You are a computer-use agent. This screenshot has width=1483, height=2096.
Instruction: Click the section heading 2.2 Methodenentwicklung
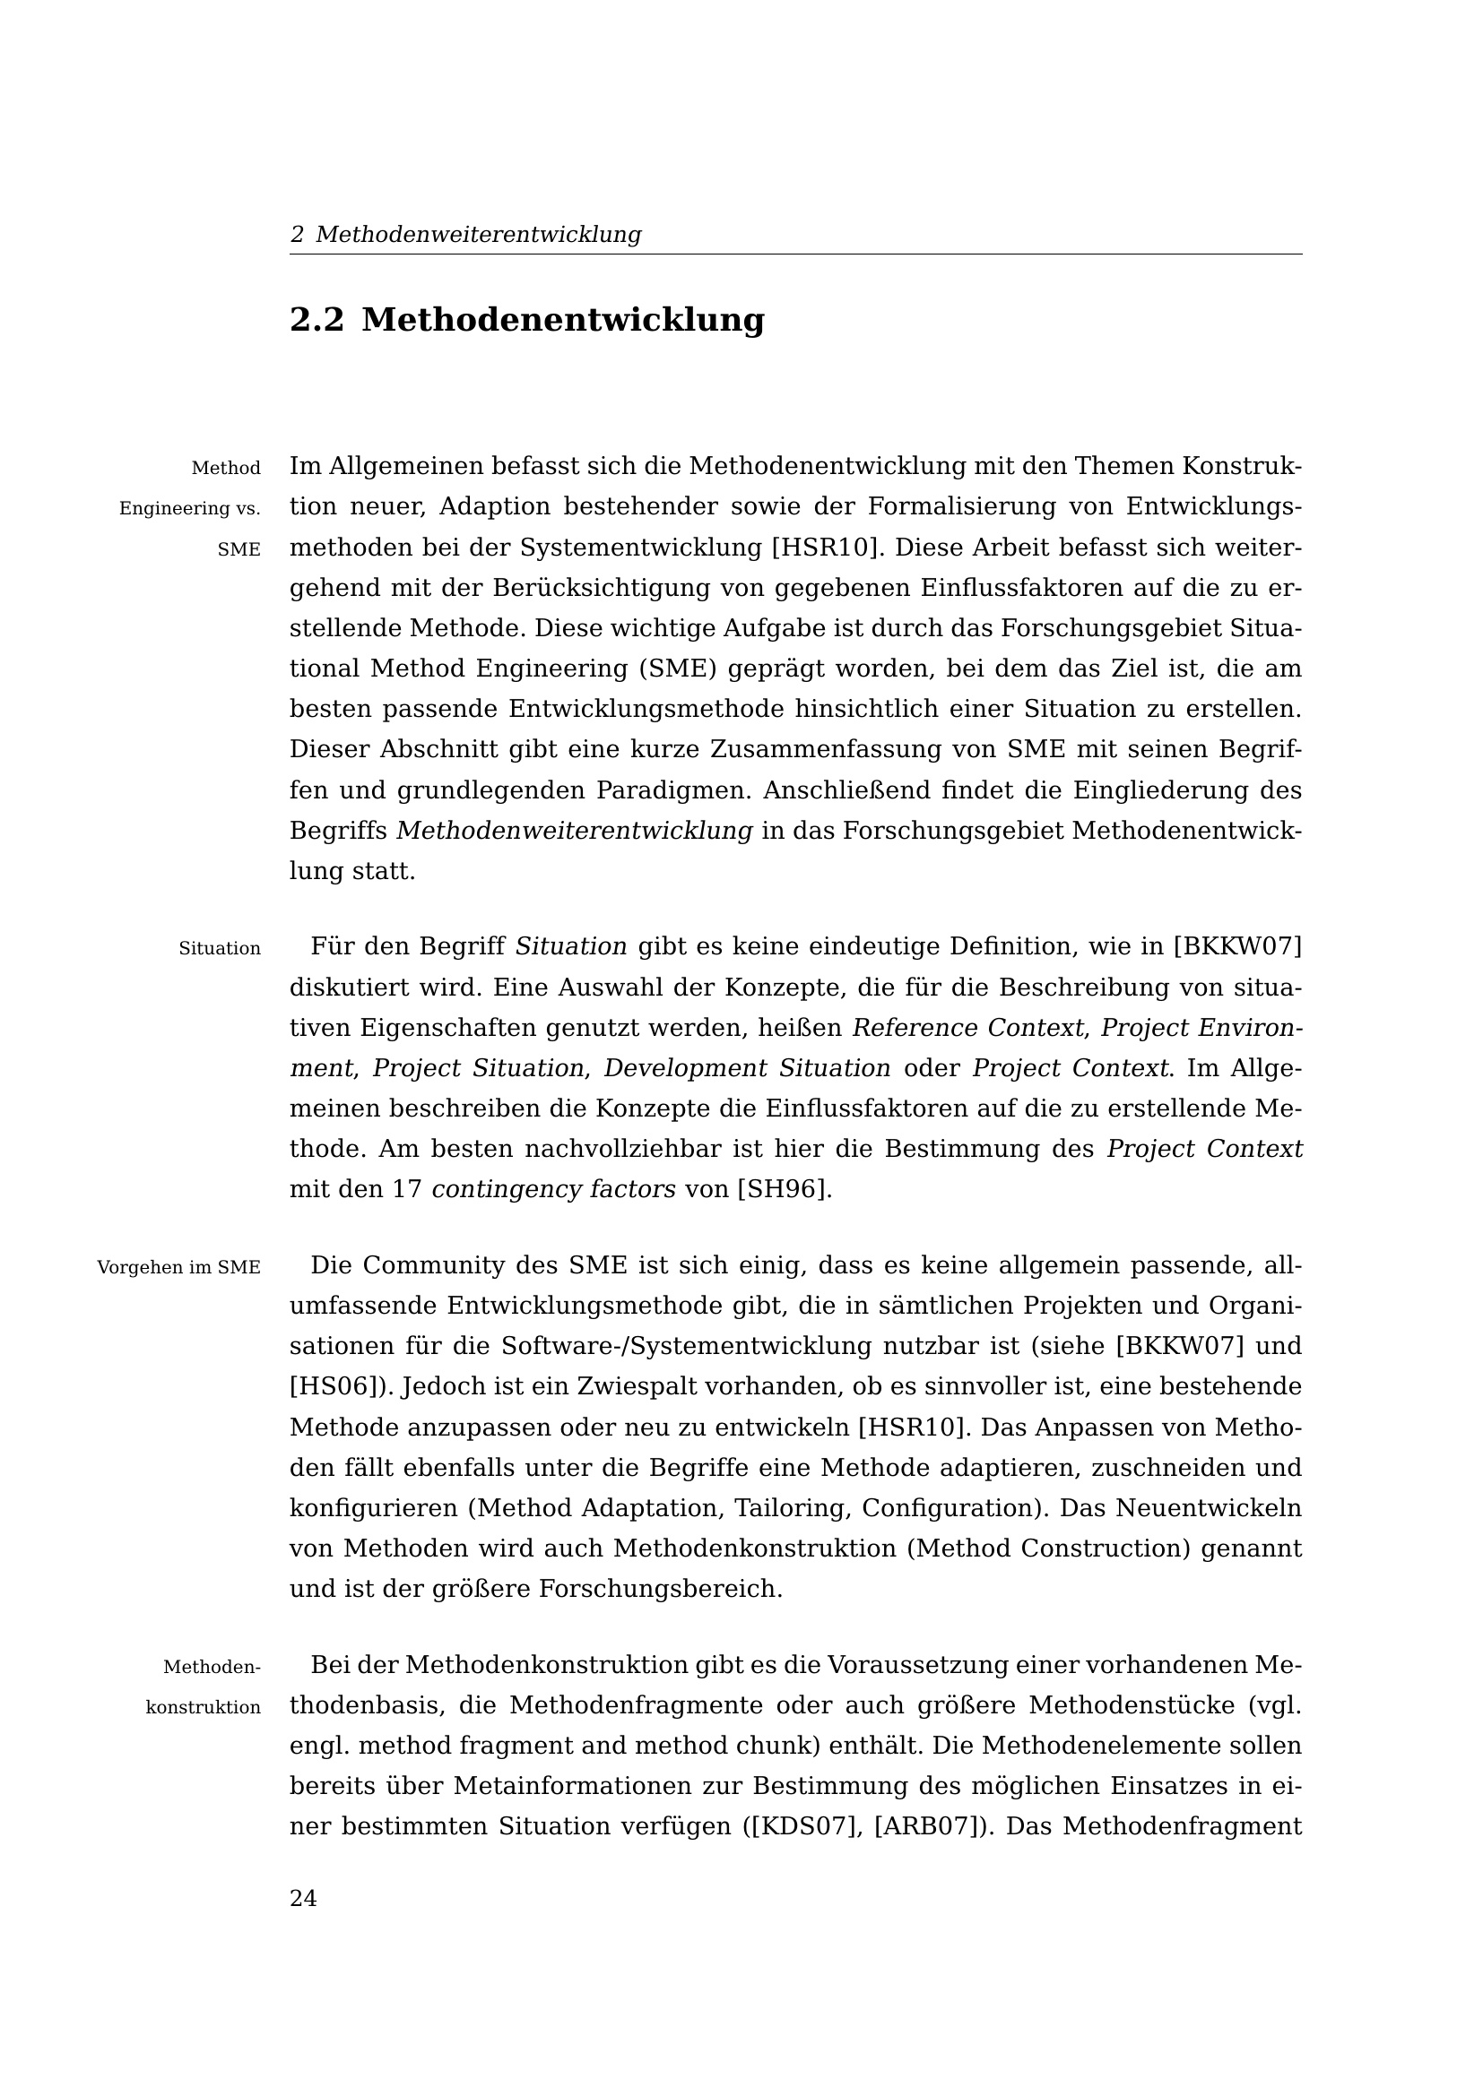click(527, 321)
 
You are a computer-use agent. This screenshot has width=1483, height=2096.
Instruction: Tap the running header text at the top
click(465, 235)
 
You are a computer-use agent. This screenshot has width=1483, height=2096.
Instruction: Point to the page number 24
click(303, 1899)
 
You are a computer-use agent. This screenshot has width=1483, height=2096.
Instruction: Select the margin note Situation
click(219, 948)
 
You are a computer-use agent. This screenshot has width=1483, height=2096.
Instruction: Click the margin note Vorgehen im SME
click(179, 1267)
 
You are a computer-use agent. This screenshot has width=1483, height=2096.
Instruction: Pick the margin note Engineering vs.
click(190, 508)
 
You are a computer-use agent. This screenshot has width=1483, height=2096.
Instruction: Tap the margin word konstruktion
click(203, 1707)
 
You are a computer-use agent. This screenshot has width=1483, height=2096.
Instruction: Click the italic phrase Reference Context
click(968, 1028)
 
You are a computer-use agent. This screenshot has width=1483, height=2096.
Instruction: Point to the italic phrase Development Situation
click(747, 1068)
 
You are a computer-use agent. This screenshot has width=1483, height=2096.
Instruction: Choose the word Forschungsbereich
click(660, 1589)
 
